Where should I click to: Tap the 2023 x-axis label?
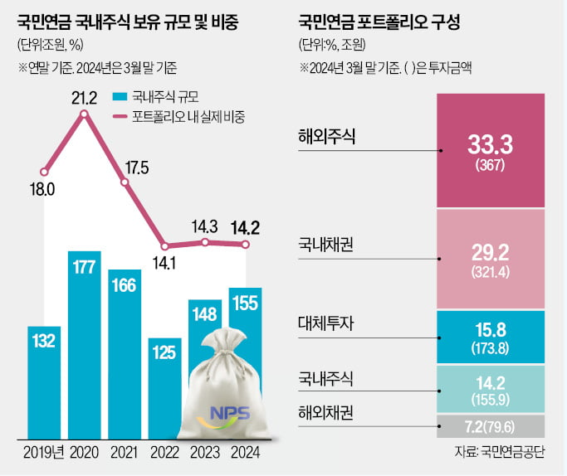(205, 452)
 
